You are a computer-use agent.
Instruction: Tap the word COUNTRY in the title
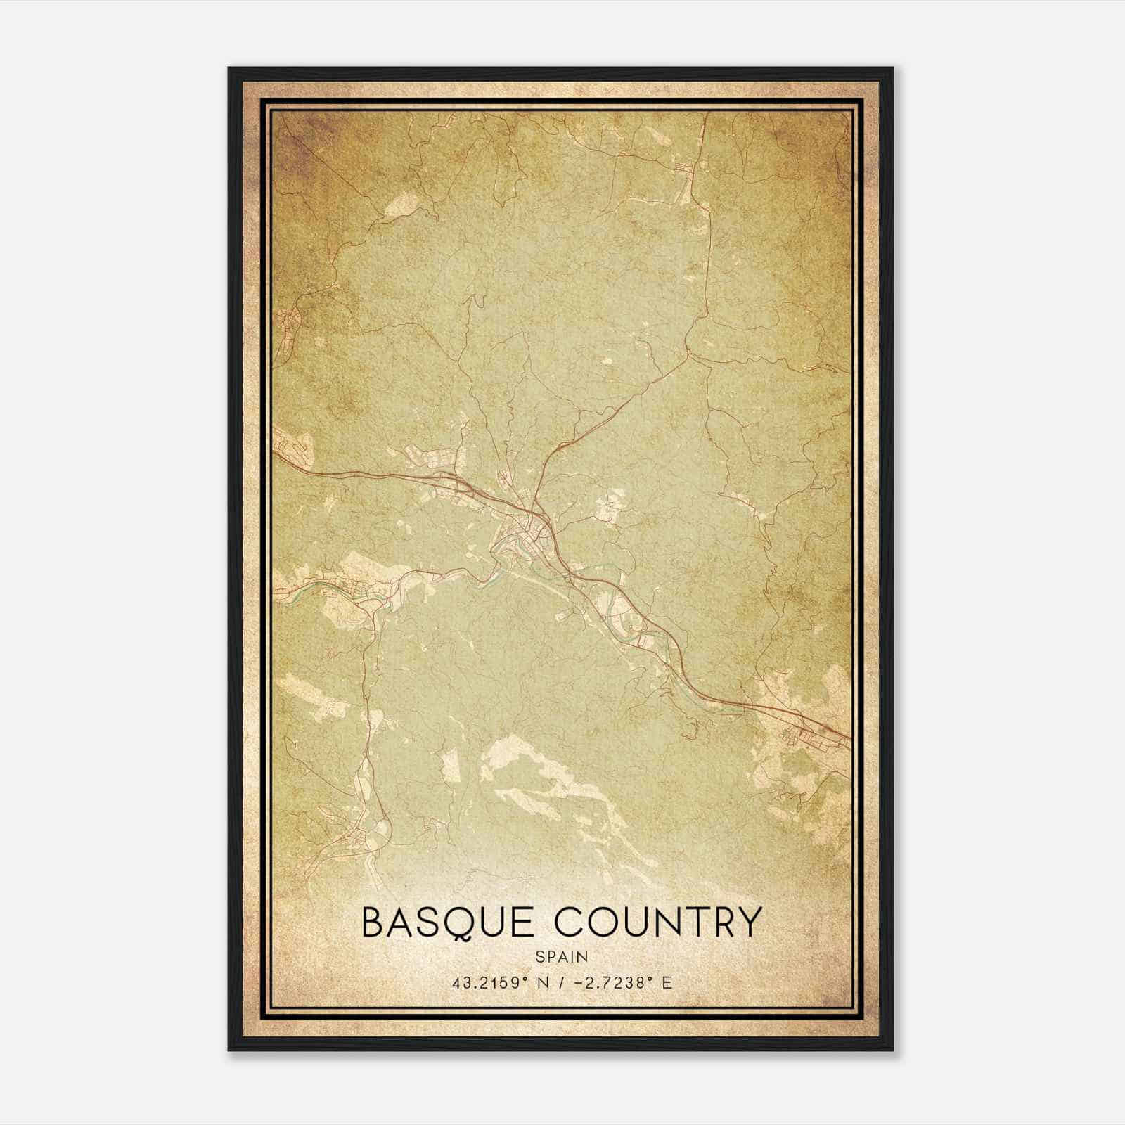point(657,922)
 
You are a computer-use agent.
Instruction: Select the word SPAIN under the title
point(562,956)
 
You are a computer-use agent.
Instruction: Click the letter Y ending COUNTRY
point(747,922)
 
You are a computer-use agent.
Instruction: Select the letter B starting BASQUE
point(373,922)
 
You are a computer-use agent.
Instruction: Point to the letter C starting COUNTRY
point(570,922)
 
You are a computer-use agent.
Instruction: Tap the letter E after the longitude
point(667,982)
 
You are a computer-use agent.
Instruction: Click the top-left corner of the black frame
point(229,68)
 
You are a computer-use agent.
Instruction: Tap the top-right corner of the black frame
point(892,68)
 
